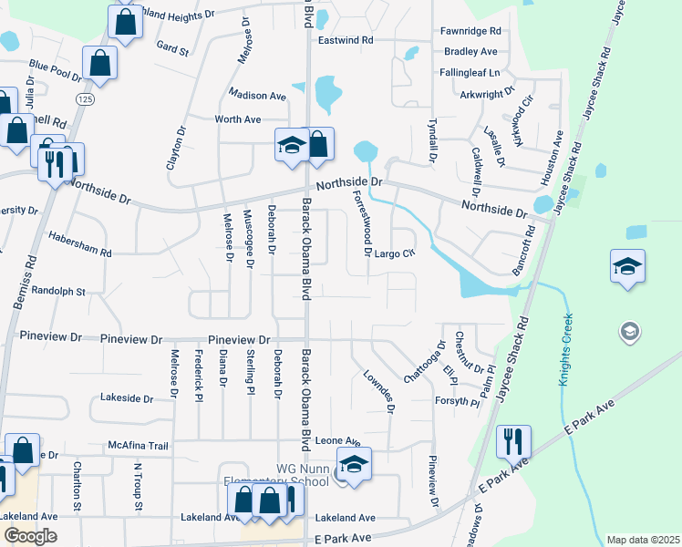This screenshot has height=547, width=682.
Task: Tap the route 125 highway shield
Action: (x=85, y=98)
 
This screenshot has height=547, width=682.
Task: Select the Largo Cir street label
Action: (x=395, y=253)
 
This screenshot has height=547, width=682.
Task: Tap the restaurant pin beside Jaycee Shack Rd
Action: (x=513, y=443)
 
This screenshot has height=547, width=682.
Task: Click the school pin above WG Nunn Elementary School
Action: (x=354, y=463)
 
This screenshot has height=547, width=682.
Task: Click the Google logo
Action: (x=30, y=535)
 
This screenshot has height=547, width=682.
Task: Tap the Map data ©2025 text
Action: (x=642, y=540)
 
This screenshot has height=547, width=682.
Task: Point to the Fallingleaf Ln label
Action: (x=469, y=72)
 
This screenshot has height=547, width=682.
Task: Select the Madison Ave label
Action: (x=257, y=96)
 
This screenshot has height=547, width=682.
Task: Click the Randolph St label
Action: (x=57, y=292)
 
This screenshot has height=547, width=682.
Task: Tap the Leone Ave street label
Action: (x=333, y=441)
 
